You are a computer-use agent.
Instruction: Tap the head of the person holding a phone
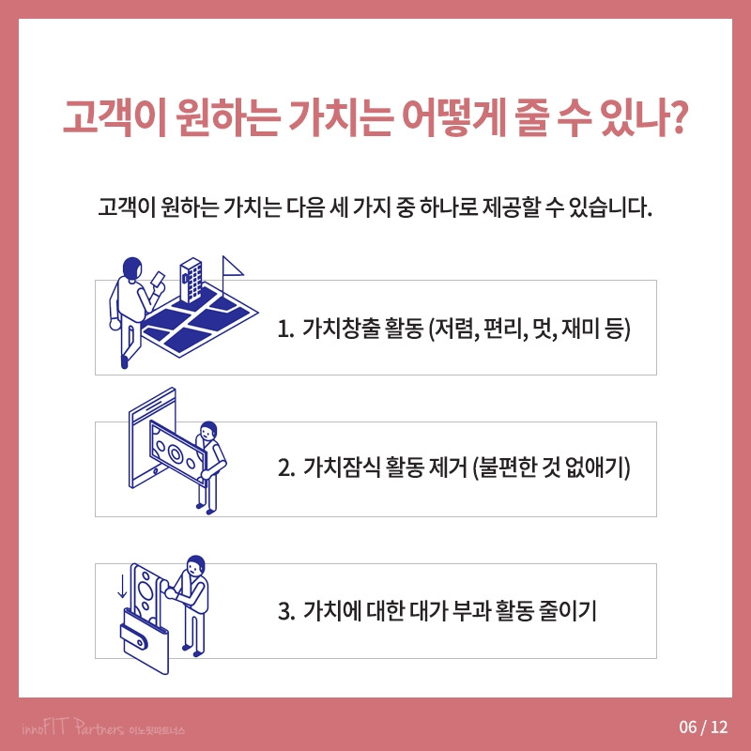click(x=132, y=268)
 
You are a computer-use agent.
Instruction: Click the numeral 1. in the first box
click(x=286, y=330)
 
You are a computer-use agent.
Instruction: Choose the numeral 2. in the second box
click(x=286, y=469)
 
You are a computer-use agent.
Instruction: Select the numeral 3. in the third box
click(x=286, y=611)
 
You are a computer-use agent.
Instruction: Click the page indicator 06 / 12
click(x=702, y=727)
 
